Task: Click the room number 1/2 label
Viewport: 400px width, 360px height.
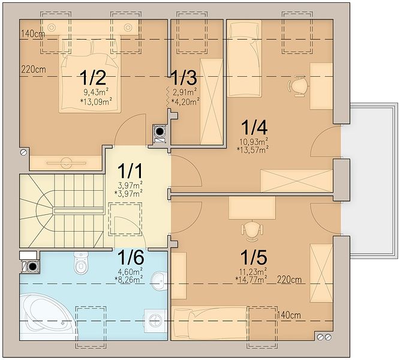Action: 92,77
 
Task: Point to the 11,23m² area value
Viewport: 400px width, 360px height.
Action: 253,271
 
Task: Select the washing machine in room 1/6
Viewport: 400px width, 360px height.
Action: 155,321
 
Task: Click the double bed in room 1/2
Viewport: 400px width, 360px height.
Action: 89,74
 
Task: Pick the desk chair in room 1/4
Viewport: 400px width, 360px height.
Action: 297,86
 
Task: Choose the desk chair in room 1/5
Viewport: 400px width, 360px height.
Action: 252,231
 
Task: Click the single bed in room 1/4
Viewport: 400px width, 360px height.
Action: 245,59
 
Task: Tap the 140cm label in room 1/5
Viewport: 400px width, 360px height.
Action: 289,315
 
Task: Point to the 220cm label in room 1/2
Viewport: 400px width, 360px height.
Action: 34,69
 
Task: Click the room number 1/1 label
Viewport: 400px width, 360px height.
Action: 130,172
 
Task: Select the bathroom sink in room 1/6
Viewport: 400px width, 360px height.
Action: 159,281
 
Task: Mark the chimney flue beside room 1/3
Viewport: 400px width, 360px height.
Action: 160,132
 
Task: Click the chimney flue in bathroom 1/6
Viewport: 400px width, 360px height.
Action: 32,267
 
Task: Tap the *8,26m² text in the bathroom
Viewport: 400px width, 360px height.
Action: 129,279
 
